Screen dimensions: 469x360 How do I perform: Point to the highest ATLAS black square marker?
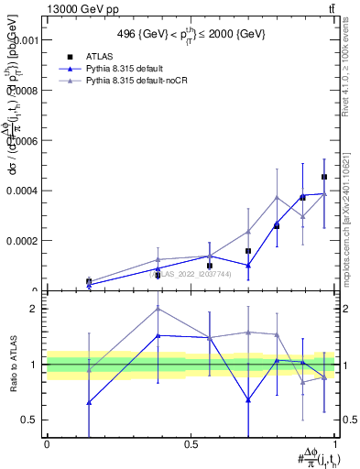(x=324, y=177)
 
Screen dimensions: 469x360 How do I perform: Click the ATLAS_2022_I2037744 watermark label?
(x=190, y=273)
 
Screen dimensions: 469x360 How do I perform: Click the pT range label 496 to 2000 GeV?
(x=190, y=35)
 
